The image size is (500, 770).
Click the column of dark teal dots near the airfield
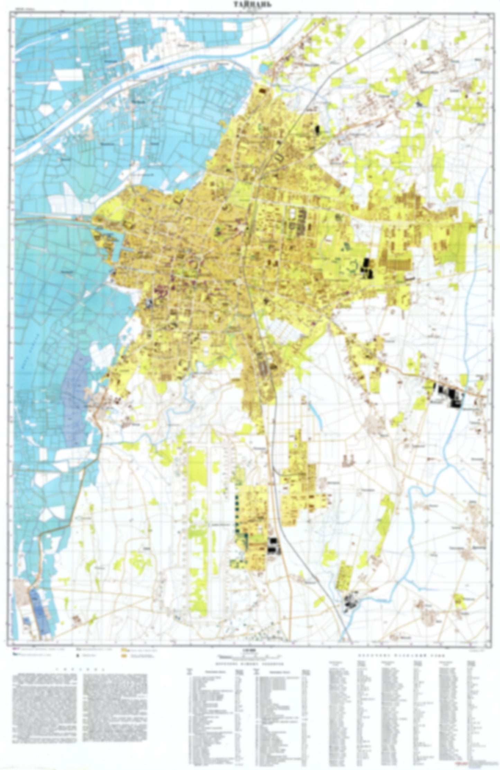[237, 515]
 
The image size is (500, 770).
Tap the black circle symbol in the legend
[78, 655]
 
